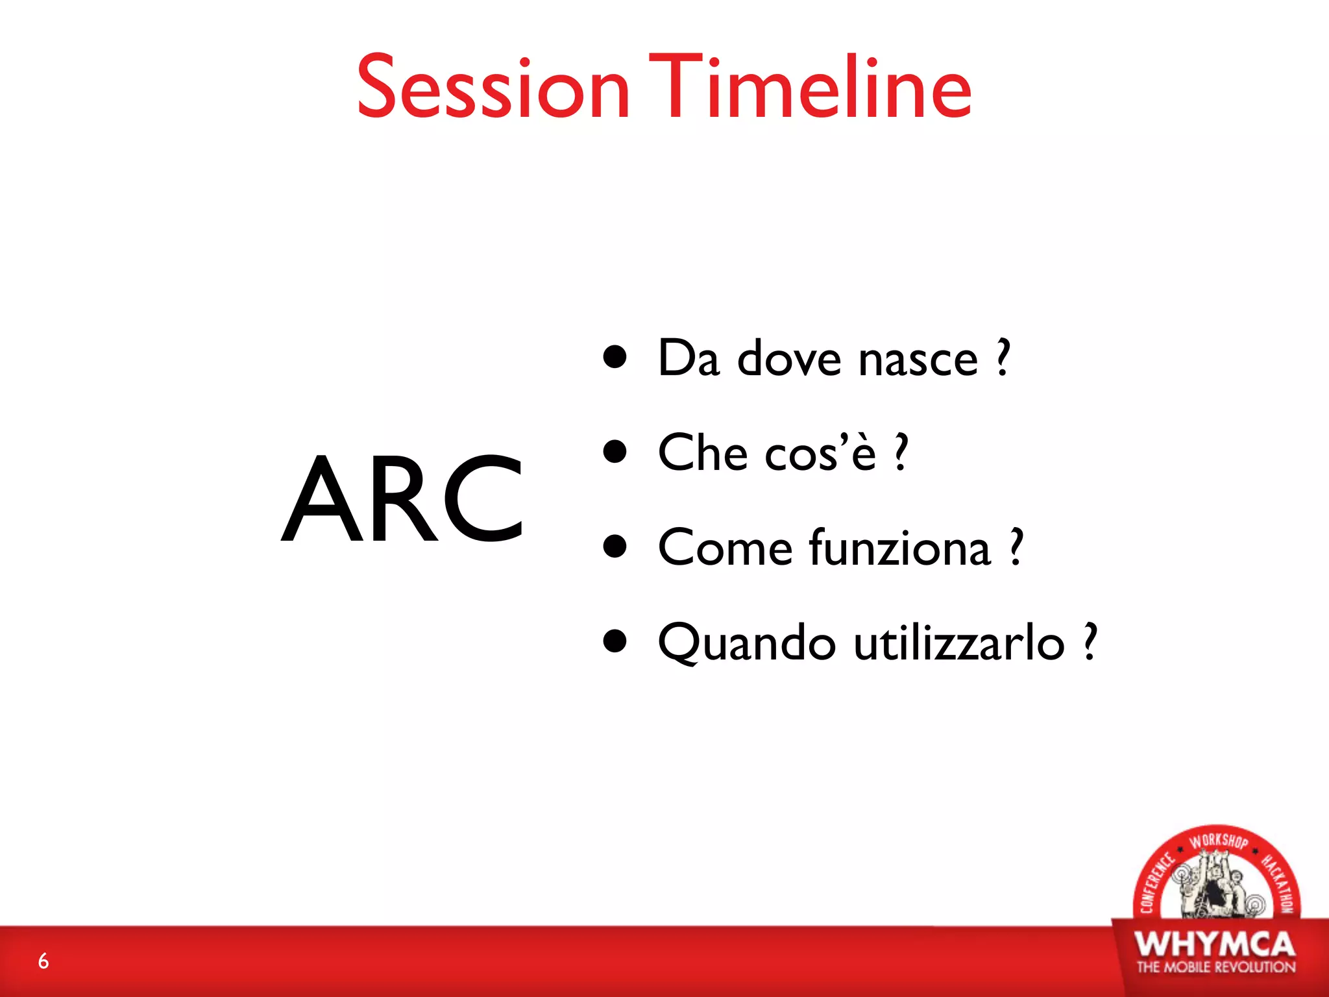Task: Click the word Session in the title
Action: (x=493, y=88)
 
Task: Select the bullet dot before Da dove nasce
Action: (x=615, y=356)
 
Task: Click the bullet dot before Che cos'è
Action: (x=615, y=451)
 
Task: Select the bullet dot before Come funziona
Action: (x=615, y=546)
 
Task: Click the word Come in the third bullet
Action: (x=725, y=548)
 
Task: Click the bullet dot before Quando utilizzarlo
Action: (x=615, y=641)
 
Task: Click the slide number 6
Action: (x=43, y=961)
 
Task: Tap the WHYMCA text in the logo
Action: (x=1215, y=944)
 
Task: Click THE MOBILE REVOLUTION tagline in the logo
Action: (x=1215, y=967)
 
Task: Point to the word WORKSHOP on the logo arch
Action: (x=1218, y=842)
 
